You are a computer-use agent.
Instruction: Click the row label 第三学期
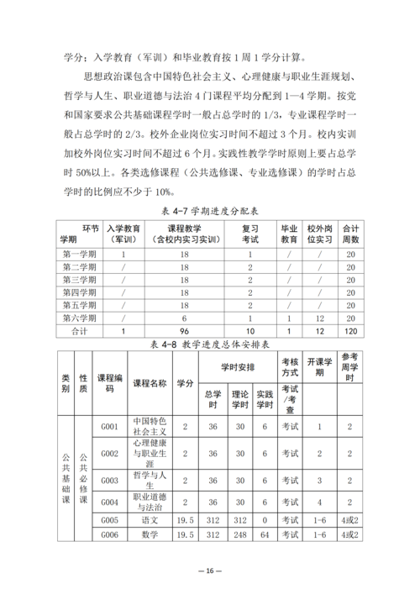pyautogui.click(x=79, y=279)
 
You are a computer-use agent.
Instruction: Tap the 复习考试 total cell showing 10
pyautogui.click(x=250, y=331)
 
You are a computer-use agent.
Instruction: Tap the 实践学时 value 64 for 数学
pyautogui.click(x=265, y=534)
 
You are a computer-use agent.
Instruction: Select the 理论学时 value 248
pyautogui.click(x=239, y=534)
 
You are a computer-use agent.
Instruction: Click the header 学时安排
pyautogui.click(x=238, y=366)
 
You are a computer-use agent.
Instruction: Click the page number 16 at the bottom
pyautogui.click(x=210, y=570)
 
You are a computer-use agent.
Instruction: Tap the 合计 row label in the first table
pyautogui.click(x=79, y=331)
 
